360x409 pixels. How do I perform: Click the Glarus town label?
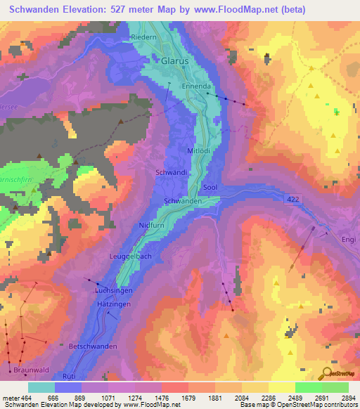pyautogui.click(x=175, y=61)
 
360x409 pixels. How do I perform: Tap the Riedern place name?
pyautogui.click(x=143, y=37)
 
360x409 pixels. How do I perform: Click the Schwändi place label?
pyautogui.click(x=170, y=172)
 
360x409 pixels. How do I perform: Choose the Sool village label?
pyautogui.click(x=210, y=188)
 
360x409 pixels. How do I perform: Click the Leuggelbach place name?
pyautogui.click(x=131, y=257)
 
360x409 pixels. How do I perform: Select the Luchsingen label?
pyautogui.click(x=114, y=290)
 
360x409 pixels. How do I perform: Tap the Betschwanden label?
pyautogui.click(x=92, y=346)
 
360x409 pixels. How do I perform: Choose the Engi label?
pyautogui.click(x=349, y=240)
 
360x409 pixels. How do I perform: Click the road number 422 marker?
pyautogui.click(x=294, y=200)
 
